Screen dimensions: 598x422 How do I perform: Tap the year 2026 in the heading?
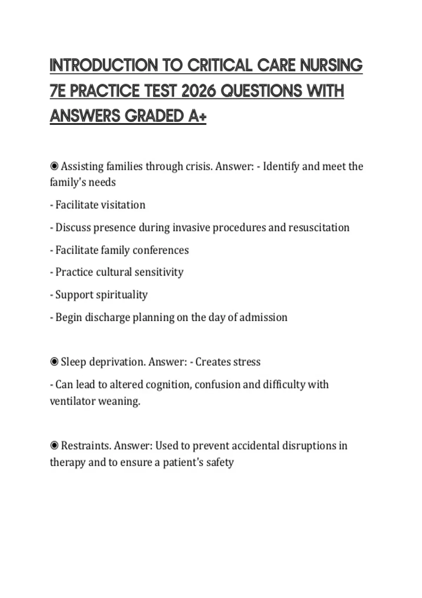198,91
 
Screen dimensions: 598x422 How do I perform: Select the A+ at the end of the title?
197,116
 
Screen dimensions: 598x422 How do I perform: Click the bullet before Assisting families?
54,166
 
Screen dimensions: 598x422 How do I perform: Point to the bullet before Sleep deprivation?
54,362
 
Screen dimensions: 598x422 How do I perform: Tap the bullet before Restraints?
54,445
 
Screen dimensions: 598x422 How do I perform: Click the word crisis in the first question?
199,166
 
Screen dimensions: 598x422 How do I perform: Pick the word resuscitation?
319,227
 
